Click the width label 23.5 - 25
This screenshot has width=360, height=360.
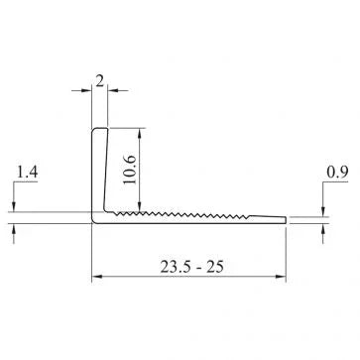(x=189, y=265)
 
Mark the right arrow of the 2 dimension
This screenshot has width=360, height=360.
(x=112, y=91)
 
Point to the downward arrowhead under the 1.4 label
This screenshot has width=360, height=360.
(x=17, y=205)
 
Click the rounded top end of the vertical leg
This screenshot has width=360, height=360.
(x=99, y=129)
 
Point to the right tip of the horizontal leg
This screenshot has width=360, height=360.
(x=286, y=217)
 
